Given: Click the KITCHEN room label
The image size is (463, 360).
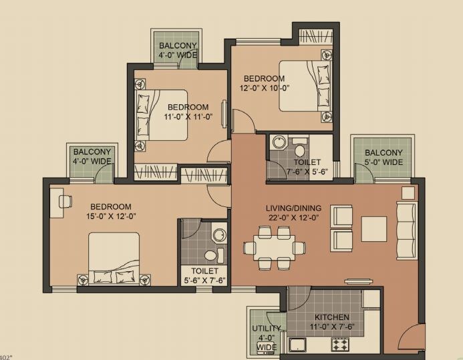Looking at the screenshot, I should click(x=333, y=317).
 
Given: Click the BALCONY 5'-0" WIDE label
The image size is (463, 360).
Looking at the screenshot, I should click(x=383, y=158).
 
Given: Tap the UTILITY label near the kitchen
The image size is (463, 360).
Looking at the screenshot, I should click(x=266, y=329).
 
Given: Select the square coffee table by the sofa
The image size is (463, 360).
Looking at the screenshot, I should click(x=374, y=228).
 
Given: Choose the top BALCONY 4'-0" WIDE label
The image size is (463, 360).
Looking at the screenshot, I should click(x=177, y=51).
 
